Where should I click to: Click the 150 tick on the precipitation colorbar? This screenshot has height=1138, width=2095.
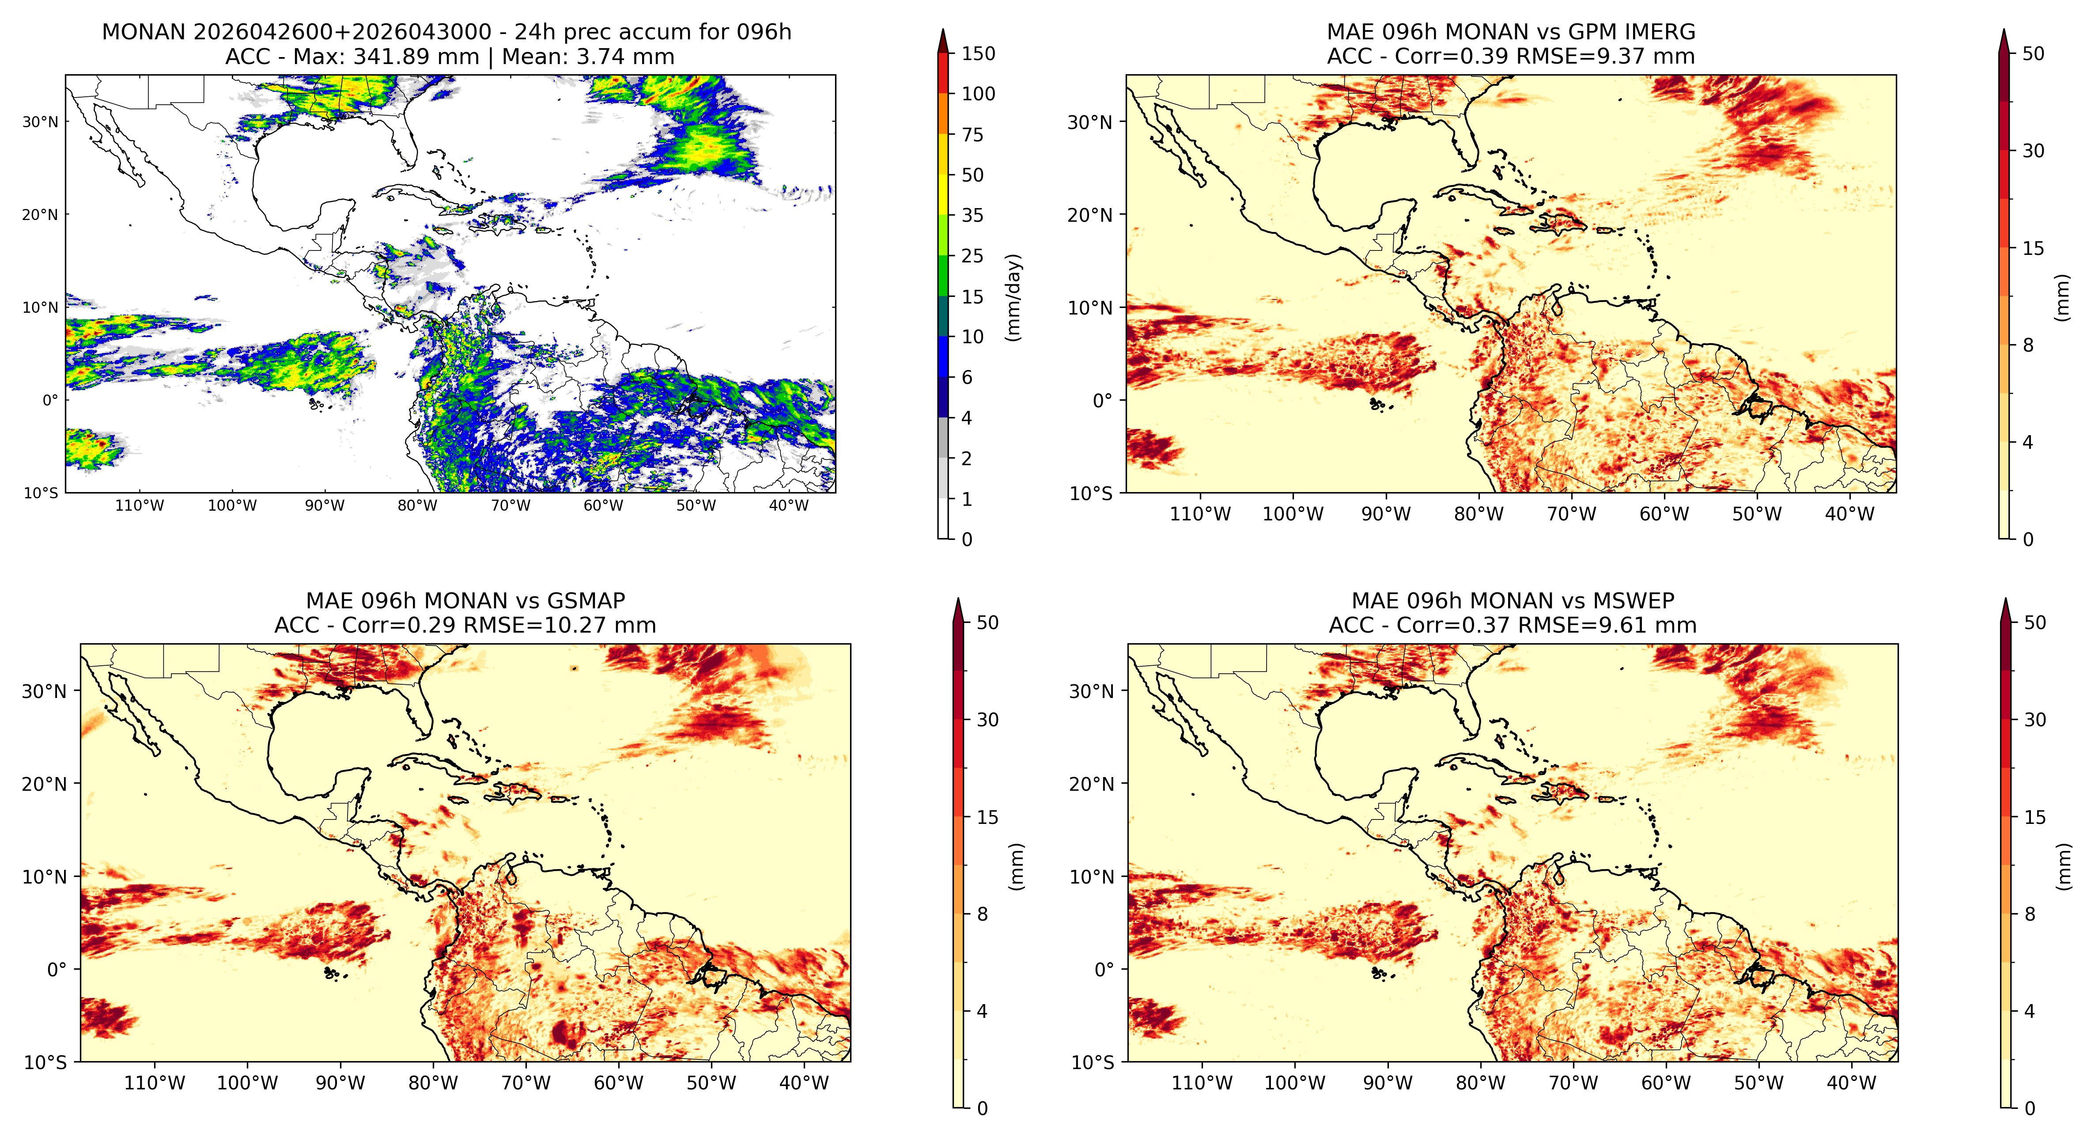[978, 54]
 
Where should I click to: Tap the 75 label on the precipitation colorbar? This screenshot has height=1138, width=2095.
[973, 135]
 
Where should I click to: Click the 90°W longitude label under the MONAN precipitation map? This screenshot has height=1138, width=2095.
[325, 505]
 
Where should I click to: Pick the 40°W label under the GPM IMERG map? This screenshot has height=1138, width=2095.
[1850, 514]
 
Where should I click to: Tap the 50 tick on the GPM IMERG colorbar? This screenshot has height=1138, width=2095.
[2033, 54]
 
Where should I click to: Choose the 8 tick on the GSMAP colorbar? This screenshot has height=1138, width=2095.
[983, 914]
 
